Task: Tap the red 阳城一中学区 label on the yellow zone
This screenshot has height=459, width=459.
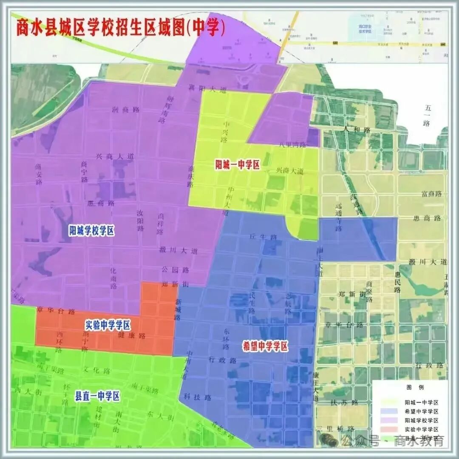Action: click(x=237, y=164)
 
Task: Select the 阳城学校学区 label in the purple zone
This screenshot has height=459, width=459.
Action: click(x=92, y=231)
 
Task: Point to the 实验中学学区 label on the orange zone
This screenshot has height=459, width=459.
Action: click(x=108, y=326)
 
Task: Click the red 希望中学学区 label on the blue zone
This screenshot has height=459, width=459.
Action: click(x=265, y=346)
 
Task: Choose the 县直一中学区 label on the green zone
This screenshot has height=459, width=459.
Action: click(x=97, y=397)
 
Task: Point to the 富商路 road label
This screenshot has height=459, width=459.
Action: click(x=432, y=194)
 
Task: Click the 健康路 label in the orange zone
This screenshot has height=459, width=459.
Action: click(x=131, y=335)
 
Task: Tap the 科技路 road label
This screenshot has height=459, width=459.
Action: click(x=198, y=397)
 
